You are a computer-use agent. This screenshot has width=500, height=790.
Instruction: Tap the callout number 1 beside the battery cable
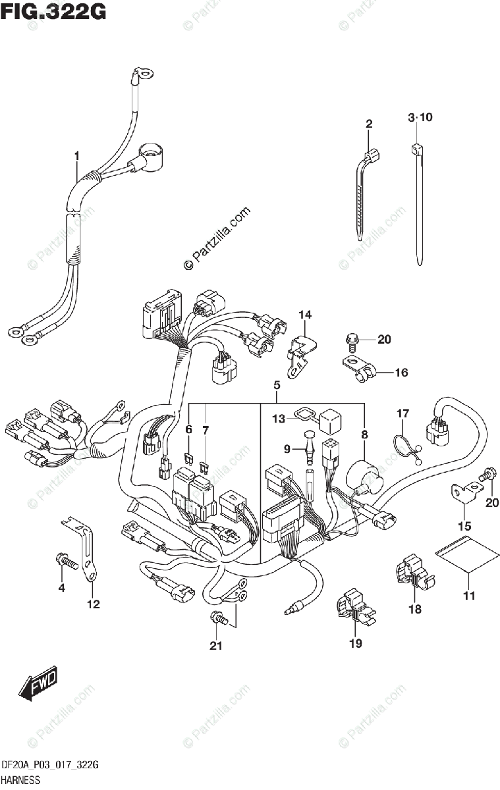[x=77, y=156]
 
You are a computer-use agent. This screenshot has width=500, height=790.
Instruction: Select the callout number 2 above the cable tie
[x=369, y=123]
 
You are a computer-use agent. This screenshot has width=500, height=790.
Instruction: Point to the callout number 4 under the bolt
[x=61, y=588]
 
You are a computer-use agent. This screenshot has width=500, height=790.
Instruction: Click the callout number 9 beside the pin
[x=287, y=449]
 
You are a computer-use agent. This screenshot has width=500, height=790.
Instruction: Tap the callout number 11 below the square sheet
[x=468, y=596]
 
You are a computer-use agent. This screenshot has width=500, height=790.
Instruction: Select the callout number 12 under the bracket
[x=94, y=604]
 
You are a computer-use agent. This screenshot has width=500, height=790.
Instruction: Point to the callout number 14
[x=304, y=315]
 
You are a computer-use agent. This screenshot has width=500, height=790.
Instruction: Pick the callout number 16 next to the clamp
[x=401, y=373]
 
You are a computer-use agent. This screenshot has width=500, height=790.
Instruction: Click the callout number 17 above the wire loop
[x=403, y=413]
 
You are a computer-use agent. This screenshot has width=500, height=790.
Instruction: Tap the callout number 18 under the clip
[x=414, y=609]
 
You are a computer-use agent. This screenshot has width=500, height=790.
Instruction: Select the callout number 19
[x=356, y=643]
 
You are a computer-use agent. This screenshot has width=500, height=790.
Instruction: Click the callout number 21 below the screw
[x=215, y=646]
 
